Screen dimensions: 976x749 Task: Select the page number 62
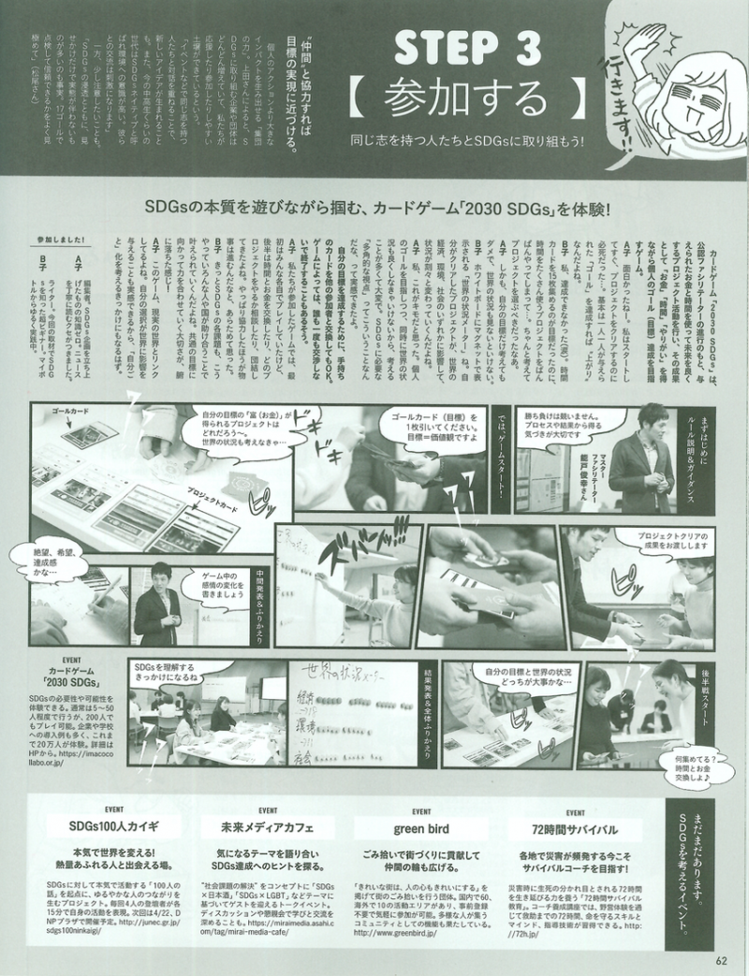click(x=720, y=958)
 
